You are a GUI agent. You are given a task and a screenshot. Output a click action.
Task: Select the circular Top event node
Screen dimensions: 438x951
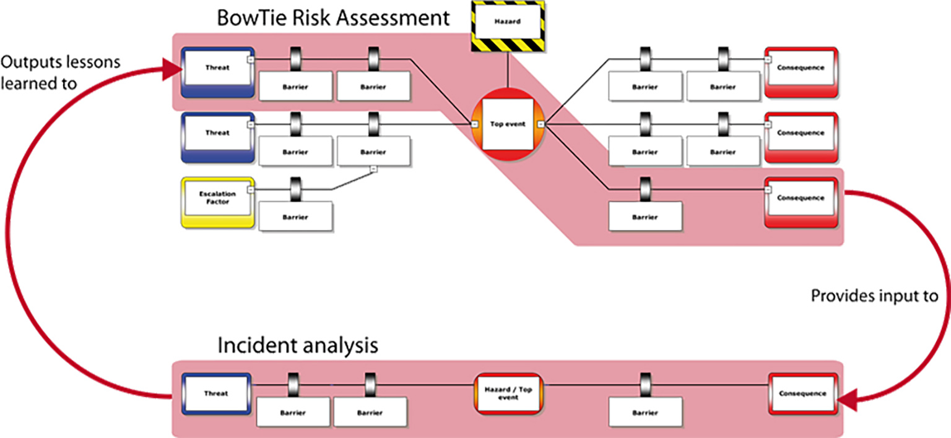point(508,124)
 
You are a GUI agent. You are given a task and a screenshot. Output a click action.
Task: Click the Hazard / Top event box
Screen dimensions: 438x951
point(511,394)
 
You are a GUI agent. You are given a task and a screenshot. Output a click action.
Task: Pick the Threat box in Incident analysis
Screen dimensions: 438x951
point(217,394)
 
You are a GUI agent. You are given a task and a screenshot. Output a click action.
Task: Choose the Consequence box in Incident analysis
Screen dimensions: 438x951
point(803,394)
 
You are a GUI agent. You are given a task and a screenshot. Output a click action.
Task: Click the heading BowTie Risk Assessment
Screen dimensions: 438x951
point(333,17)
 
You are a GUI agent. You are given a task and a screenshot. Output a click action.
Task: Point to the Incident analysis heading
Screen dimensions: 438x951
point(297,345)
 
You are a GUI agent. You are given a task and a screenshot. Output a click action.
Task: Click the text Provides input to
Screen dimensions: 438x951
point(874,296)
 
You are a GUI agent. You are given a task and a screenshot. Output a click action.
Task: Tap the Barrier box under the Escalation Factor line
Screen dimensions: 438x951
point(296,217)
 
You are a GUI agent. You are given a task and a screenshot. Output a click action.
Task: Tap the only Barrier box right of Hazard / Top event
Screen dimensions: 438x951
point(645,412)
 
